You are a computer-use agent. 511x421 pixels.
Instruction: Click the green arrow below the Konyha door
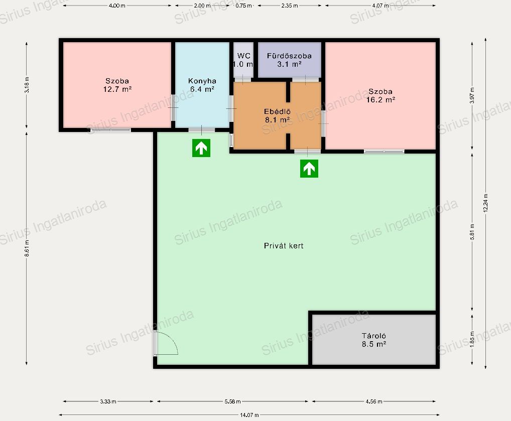tap(201, 148)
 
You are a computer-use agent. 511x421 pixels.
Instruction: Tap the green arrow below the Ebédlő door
tap(309, 169)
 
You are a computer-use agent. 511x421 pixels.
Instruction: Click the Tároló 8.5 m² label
tap(374, 340)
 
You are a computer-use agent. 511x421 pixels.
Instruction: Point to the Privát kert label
tap(284, 246)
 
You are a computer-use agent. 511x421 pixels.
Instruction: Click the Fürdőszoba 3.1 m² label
tap(289, 60)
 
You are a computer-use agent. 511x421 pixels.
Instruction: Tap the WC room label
tap(243, 60)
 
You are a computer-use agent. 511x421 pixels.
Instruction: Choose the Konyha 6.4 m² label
tap(202, 85)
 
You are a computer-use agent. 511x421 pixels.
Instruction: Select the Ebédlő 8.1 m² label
tap(277, 116)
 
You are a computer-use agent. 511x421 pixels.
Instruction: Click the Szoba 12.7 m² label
tap(117, 85)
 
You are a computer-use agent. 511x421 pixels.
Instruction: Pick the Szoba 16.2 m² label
tap(380, 95)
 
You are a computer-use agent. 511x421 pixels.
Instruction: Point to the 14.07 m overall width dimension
tap(249, 415)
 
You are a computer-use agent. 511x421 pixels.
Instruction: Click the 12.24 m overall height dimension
tap(485, 203)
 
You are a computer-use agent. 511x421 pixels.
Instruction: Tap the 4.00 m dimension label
tap(117, 6)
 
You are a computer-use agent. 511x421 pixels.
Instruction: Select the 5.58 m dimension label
tap(233, 401)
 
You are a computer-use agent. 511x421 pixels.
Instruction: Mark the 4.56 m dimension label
tap(374, 401)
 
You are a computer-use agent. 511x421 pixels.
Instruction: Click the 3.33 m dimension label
tap(108, 401)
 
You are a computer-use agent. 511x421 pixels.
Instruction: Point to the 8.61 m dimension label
tap(27, 248)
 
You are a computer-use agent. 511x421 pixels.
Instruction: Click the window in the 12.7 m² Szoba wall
tap(110, 130)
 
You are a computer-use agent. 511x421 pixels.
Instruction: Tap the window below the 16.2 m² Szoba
tap(384, 151)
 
